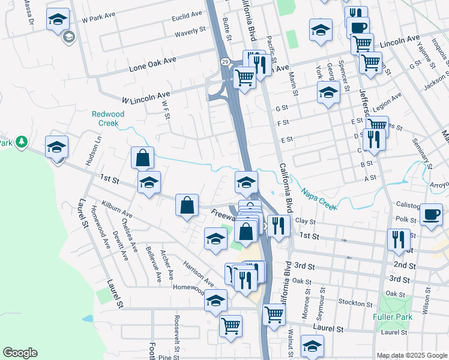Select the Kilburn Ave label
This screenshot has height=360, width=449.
pyautogui.click(x=117, y=209)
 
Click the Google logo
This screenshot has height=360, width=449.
pyautogui.click(x=20, y=352)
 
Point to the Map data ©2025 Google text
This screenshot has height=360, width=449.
pyautogui.click(x=411, y=355)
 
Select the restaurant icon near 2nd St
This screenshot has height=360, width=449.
pyautogui.click(x=399, y=240)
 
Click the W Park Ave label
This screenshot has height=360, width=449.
pyautogui.click(x=100, y=19)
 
